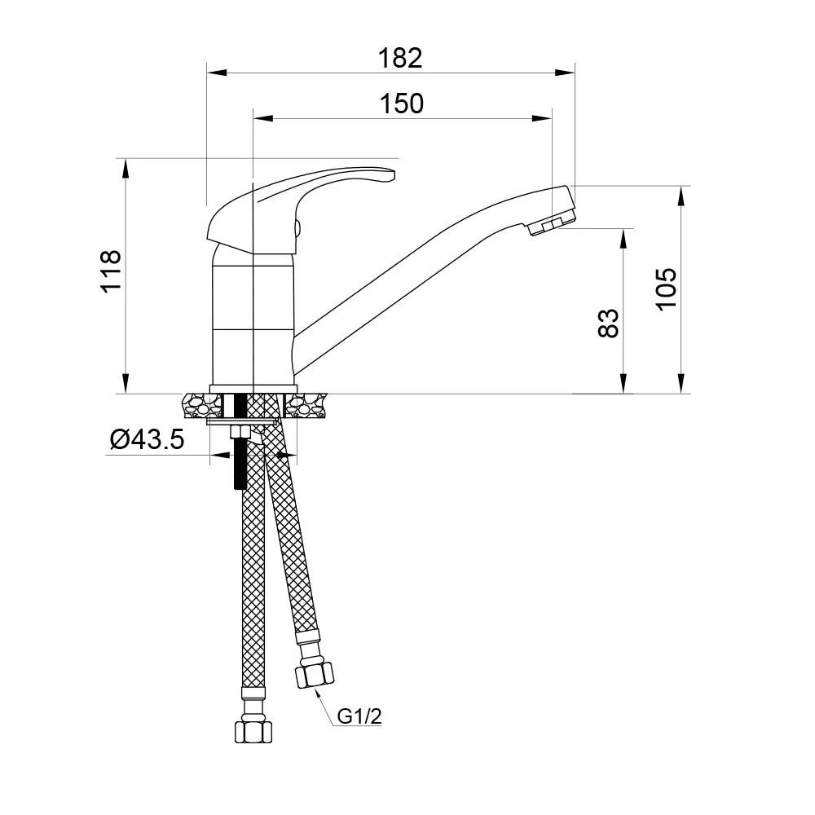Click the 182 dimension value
(400, 59)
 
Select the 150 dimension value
(402, 104)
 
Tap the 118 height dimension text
(111, 271)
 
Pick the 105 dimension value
(667, 289)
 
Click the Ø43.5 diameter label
(148, 440)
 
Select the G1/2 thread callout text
(359, 717)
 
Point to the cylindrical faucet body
(253, 318)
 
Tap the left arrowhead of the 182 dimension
(216, 73)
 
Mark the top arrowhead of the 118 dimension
(126, 167)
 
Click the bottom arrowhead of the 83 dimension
(624, 385)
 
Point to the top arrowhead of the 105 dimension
(681, 196)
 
